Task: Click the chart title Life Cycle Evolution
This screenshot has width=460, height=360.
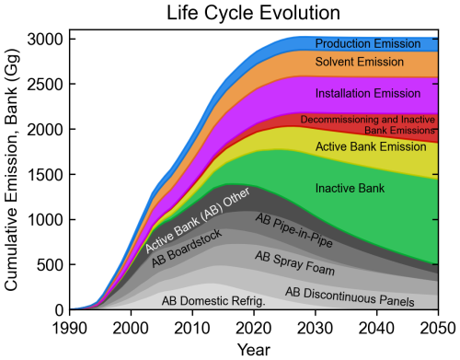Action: click(253, 13)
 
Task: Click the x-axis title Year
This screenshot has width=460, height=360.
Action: click(253, 350)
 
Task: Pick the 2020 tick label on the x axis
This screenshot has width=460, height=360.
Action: click(253, 327)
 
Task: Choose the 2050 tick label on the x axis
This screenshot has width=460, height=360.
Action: click(436, 327)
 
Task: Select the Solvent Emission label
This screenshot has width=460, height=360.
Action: click(360, 63)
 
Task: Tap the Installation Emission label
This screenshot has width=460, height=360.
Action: click(360, 94)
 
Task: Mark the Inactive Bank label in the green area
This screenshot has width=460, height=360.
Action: click(350, 189)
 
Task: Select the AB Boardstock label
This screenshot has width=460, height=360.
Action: click(187, 250)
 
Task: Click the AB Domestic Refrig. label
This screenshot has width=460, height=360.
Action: click(213, 300)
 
